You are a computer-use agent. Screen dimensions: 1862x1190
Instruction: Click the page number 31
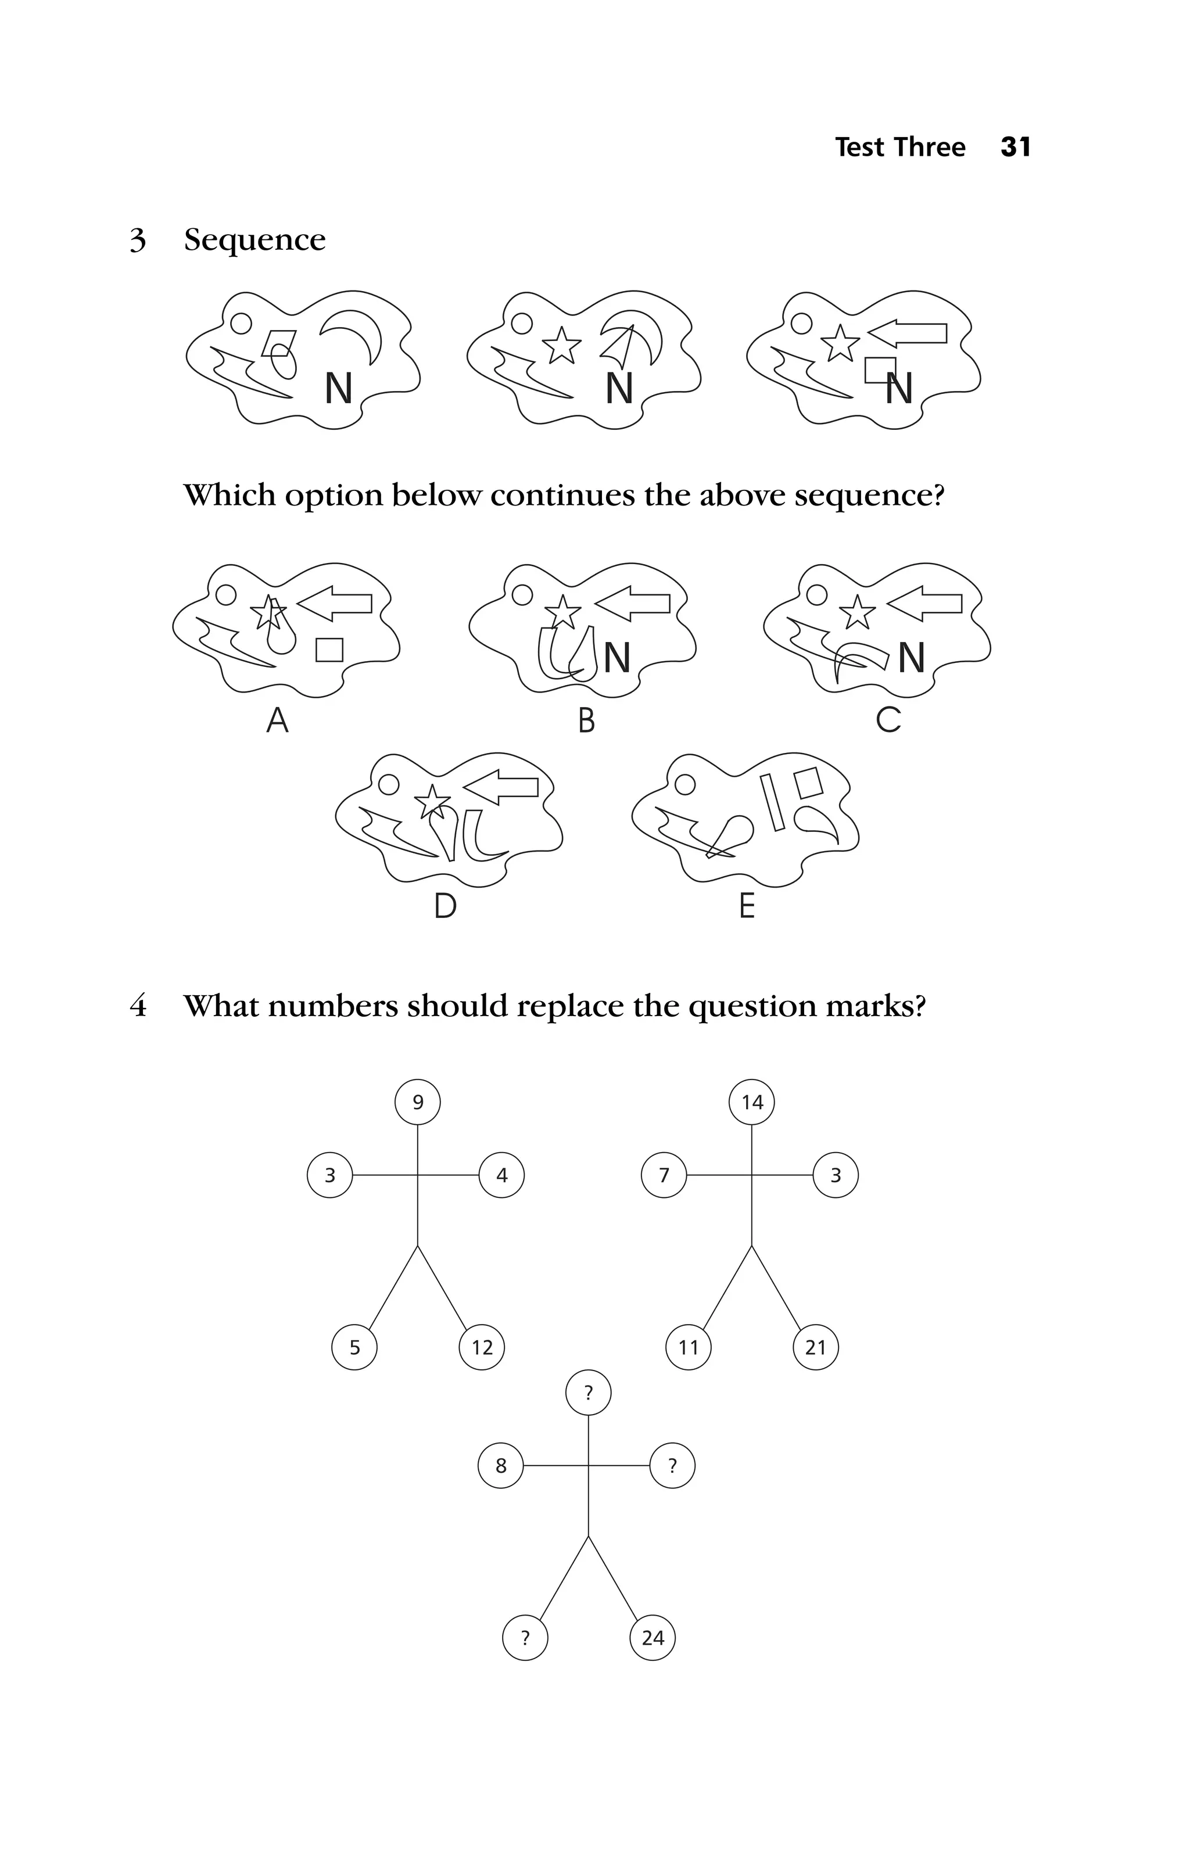(x=1015, y=147)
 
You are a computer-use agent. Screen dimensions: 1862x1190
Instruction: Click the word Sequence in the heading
(x=255, y=241)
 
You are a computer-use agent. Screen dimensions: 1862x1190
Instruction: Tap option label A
(x=278, y=720)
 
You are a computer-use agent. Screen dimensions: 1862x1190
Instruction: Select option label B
(x=586, y=720)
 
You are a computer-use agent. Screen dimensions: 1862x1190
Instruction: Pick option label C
(x=888, y=720)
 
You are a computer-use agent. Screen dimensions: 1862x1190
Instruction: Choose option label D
(x=446, y=906)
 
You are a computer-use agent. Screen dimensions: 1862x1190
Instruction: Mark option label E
(x=746, y=906)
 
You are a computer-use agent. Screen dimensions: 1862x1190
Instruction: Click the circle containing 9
(x=418, y=1102)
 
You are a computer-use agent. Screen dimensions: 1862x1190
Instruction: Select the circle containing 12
(x=482, y=1348)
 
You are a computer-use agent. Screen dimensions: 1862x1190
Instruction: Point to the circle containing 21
(x=816, y=1348)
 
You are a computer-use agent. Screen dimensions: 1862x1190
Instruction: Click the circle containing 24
(x=653, y=1638)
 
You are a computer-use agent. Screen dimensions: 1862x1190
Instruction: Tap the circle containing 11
(x=688, y=1348)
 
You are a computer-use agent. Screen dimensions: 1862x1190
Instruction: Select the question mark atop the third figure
(x=589, y=1393)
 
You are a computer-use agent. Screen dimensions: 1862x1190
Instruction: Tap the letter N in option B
(x=617, y=658)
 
